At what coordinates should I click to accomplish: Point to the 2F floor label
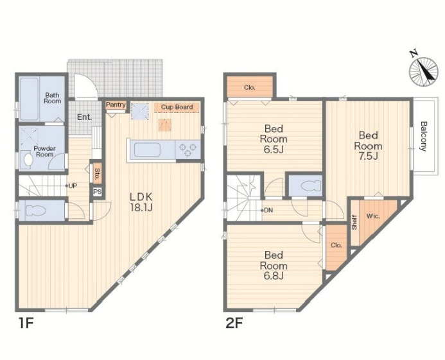234,323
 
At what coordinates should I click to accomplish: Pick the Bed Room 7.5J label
368,146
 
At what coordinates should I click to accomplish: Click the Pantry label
116,105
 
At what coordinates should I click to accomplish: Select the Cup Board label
177,107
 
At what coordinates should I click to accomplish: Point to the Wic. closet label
374,216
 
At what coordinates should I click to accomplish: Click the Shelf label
354,222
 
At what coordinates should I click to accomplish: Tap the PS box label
98,191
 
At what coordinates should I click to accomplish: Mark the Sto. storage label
97,173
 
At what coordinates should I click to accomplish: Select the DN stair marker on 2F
268,210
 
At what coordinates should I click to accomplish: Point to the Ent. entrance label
84,117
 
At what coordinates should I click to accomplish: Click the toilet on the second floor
306,185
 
